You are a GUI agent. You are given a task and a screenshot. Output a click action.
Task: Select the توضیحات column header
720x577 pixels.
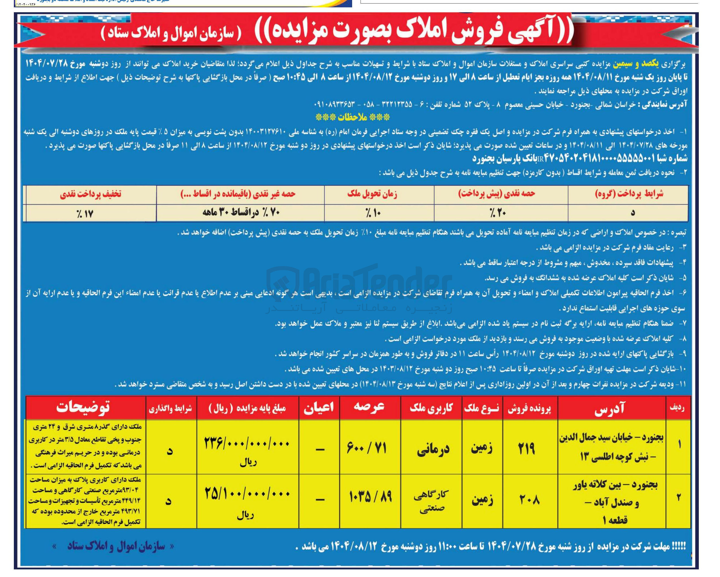[x=83, y=408]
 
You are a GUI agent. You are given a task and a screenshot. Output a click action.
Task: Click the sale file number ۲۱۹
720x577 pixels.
[x=527, y=448]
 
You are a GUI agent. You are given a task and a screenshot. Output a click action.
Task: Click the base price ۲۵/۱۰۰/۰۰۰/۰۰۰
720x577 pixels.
[x=248, y=494]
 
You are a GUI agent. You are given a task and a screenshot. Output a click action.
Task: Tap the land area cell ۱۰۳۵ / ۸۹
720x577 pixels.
[x=370, y=497]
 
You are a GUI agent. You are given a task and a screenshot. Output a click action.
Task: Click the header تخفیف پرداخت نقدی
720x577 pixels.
[x=90, y=194]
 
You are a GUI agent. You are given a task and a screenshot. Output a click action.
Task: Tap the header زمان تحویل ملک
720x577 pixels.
[x=372, y=194]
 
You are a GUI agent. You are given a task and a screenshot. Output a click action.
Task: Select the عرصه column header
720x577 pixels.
[x=369, y=407]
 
